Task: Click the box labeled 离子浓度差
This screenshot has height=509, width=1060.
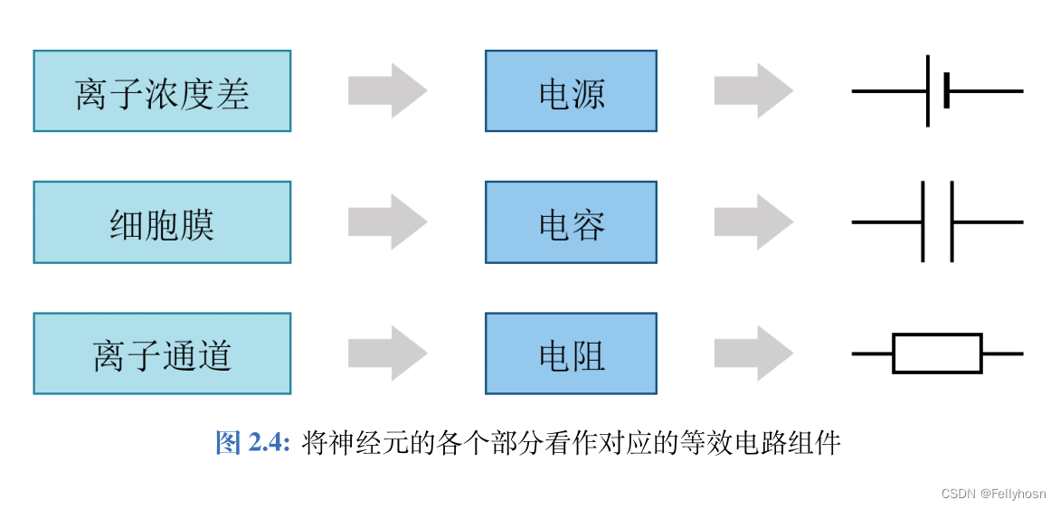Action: click(162, 91)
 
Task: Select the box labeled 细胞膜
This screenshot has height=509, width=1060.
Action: click(162, 222)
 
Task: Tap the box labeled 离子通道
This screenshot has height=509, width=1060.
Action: click(162, 353)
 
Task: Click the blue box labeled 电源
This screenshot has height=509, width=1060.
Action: click(571, 91)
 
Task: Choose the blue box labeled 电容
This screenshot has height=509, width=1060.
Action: click(571, 222)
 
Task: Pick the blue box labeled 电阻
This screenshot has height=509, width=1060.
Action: click(571, 353)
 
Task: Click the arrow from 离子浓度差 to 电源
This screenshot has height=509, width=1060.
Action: click(387, 91)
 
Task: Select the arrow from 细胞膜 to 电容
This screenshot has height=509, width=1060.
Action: click(387, 222)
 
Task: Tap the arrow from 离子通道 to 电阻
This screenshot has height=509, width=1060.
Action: click(387, 353)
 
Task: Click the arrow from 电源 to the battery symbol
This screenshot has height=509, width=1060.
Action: click(753, 91)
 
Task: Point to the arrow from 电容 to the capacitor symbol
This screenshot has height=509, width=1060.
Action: click(753, 222)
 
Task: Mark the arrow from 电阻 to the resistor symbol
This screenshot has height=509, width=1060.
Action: click(753, 353)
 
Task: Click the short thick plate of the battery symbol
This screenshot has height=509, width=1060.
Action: click(946, 91)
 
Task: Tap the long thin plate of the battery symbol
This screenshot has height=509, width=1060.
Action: click(928, 91)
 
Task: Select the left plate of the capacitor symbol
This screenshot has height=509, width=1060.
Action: click(923, 222)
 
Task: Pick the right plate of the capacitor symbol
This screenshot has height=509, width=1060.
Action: click(952, 222)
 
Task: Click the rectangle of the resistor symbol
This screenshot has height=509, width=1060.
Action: click(937, 353)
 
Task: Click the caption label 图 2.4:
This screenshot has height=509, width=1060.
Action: click(252, 443)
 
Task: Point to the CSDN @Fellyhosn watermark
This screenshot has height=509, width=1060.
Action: click(993, 494)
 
